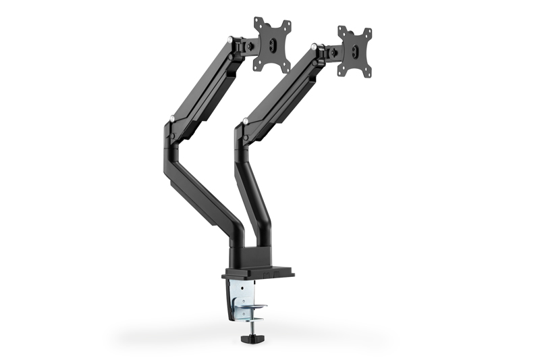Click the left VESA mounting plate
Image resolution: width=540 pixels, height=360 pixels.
[x=272, y=44]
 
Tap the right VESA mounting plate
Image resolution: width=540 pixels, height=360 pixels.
[x=355, y=52]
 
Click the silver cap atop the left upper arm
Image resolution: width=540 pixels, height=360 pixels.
[x=232, y=41]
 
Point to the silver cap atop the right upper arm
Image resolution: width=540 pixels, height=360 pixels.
[x=315, y=47]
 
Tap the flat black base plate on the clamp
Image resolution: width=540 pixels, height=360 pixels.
[x=258, y=273]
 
